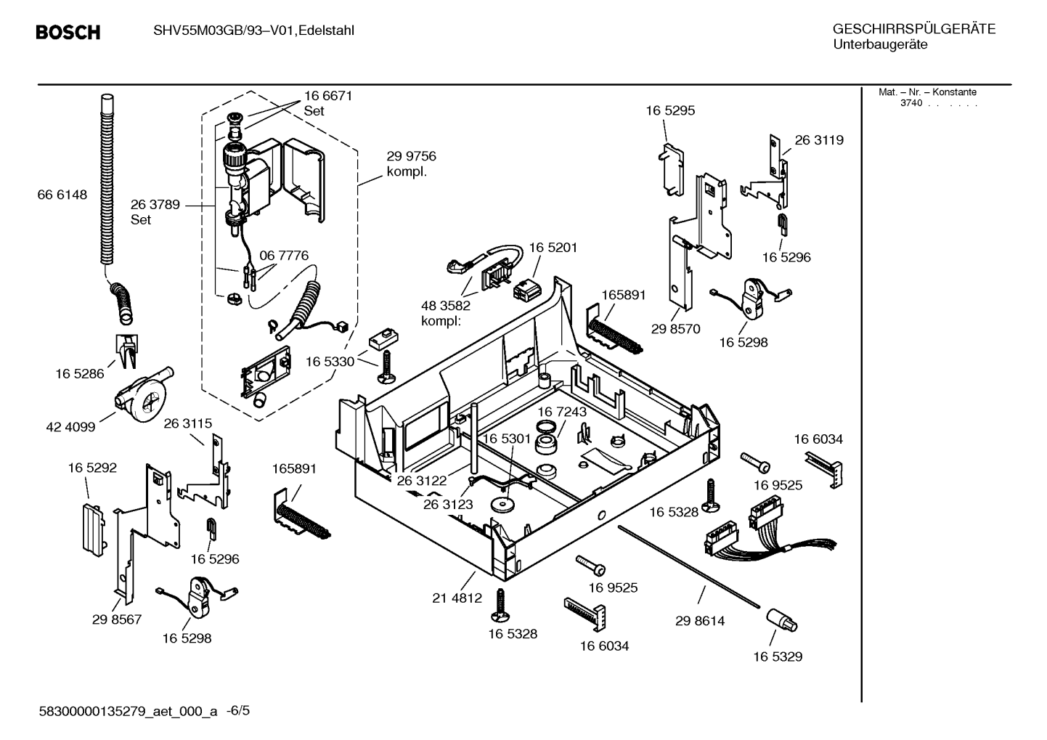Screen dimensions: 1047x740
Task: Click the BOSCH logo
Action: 68,32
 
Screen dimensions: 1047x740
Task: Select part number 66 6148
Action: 62,195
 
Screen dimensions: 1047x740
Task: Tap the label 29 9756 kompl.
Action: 411,163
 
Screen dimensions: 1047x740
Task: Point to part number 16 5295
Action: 670,110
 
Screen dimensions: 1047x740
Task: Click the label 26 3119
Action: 819,139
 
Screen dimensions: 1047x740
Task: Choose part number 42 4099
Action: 70,427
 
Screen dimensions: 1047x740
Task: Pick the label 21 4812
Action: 457,598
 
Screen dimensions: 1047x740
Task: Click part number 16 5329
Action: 778,656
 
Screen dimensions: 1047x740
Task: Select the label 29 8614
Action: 700,621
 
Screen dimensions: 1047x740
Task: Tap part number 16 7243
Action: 562,412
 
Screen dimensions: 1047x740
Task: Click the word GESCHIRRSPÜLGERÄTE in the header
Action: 914,29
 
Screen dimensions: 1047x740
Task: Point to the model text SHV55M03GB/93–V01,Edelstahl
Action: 254,31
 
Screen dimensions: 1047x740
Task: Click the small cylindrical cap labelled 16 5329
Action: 782,620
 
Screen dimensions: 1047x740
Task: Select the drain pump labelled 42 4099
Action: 142,394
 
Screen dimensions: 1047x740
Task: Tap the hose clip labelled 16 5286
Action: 126,351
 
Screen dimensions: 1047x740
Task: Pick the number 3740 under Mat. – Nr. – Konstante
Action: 911,103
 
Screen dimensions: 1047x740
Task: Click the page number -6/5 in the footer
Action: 238,711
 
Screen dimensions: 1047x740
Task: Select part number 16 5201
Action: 553,248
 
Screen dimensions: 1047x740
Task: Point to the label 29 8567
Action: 117,619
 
